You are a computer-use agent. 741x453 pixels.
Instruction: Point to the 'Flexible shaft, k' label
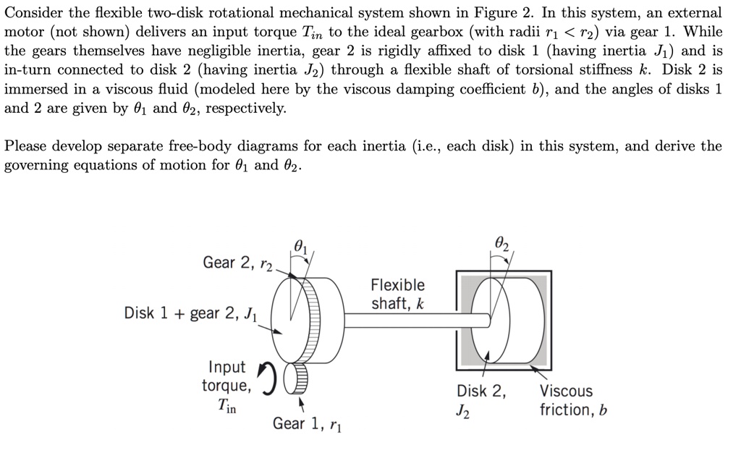tap(398, 294)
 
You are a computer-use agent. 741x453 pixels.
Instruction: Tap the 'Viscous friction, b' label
tap(573, 401)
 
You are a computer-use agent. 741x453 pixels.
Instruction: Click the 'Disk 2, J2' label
tap(482, 401)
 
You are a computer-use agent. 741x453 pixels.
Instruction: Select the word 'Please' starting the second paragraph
tap(27, 146)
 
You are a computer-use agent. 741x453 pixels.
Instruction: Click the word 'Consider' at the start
tap(33, 13)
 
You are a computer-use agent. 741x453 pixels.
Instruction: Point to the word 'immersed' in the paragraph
tap(35, 90)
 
